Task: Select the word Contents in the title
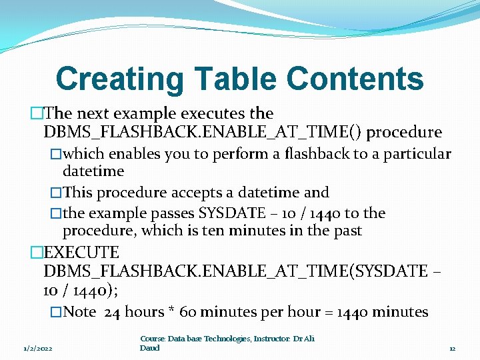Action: [355, 79]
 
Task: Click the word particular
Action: [417, 154]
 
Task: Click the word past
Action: [346, 231]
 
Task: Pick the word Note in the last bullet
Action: [80, 311]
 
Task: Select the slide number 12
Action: [451, 348]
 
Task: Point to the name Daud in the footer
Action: [149, 348]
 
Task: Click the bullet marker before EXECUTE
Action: [37, 253]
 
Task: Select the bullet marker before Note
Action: [57, 312]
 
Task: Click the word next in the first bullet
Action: [89, 113]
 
